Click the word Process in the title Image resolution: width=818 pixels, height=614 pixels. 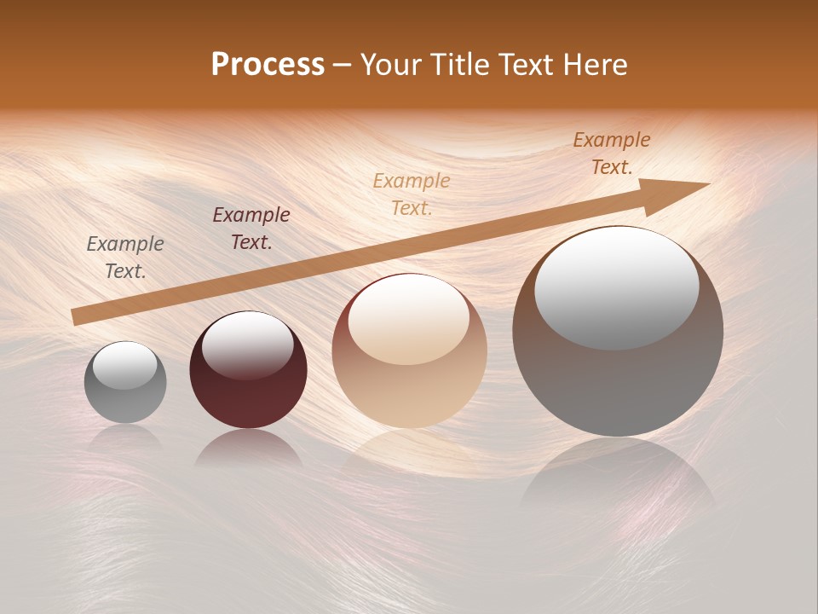[268, 65]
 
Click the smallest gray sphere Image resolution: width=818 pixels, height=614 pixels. [125, 383]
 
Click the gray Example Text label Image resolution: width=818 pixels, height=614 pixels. [125, 258]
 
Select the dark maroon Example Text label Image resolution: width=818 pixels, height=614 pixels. [251, 229]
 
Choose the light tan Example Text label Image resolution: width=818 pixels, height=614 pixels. [412, 194]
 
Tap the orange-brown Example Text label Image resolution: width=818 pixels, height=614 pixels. [612, 153]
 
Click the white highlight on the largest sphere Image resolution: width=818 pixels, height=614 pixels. [617, 286]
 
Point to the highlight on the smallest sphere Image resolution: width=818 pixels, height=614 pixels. [124, 365]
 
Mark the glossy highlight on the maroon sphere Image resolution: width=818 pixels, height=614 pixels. [247, 343]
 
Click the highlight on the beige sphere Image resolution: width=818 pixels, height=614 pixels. [408, 318]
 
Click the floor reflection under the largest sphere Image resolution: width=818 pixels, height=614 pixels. [618, 478]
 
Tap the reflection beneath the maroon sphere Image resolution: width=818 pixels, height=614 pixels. [248, 449]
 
